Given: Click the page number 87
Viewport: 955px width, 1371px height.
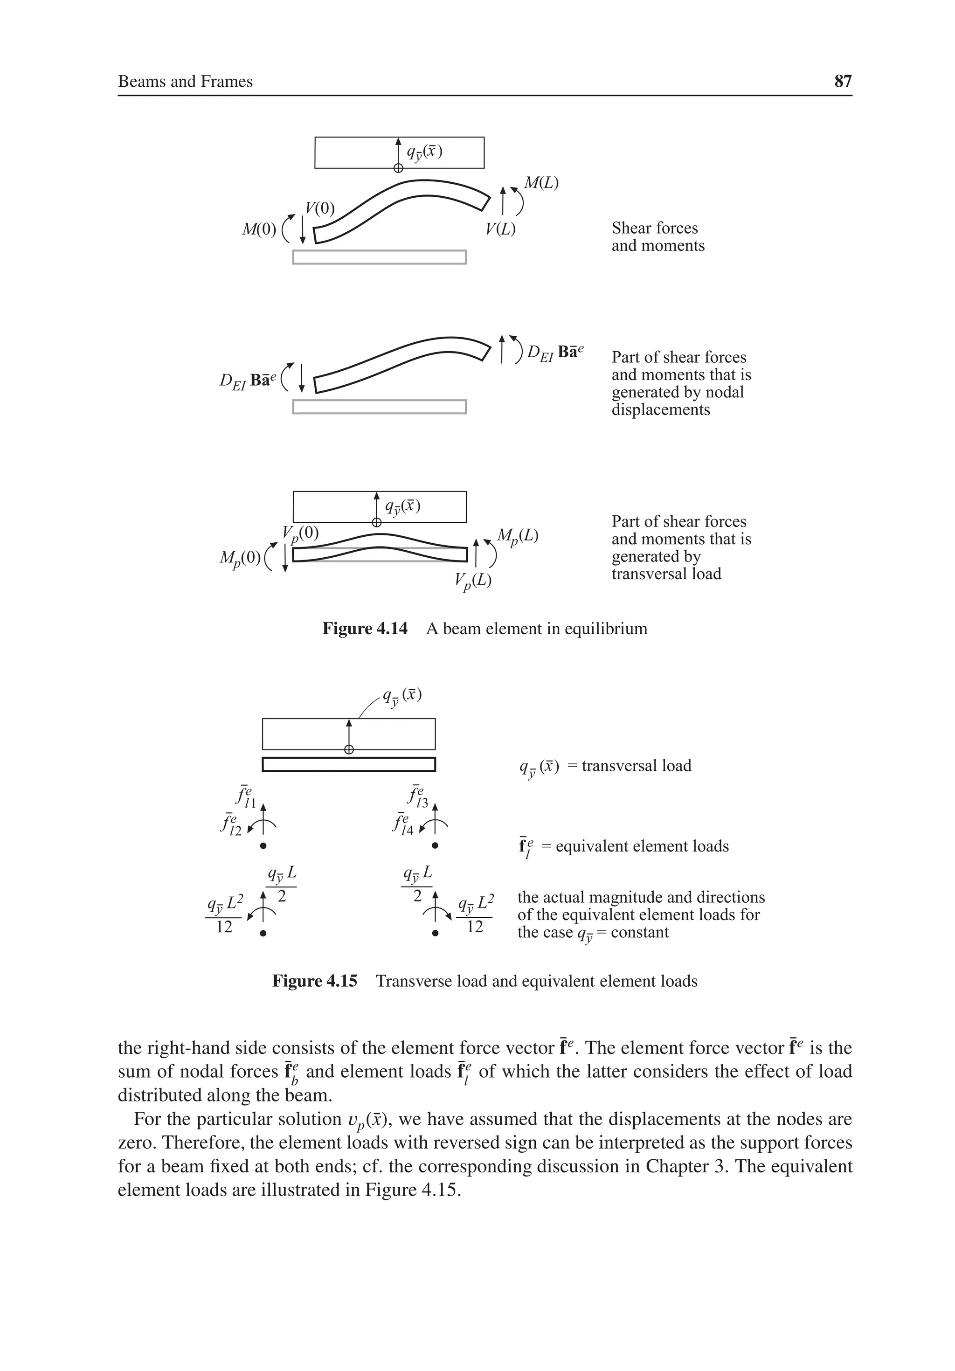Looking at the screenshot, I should tap(842, 81).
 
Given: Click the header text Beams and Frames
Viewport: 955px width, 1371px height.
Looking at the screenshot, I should tap(185, 82).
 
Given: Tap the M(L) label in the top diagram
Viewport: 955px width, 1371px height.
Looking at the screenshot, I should tap(540, 183).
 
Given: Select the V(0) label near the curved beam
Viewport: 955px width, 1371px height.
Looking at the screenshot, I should tap(319, 208).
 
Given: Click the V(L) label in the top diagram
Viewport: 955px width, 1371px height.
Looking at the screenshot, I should tap(500, 229).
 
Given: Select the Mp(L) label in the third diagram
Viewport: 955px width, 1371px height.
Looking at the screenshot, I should tap(518, 536).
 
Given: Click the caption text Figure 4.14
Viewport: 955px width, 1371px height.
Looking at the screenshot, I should tap(364, 629).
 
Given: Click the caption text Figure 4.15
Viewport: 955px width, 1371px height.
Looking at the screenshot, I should tap(314, 981).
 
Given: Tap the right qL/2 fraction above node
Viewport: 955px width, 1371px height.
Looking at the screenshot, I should tap(417, 884).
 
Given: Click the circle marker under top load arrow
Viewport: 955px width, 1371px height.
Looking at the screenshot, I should tap(398, 168).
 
